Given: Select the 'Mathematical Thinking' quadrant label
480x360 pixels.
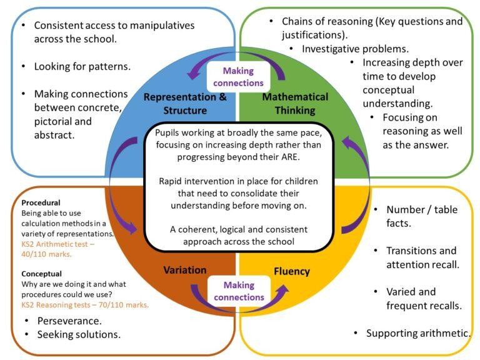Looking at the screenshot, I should click(x=294, y=104).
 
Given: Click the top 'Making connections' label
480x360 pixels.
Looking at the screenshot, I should click(x=239, y=76).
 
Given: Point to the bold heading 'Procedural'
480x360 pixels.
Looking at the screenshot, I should click(x=42, y=204).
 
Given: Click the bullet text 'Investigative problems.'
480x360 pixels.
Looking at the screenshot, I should click(x=356, y=48).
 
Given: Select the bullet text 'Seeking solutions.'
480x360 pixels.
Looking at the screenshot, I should click(x=77, y=334).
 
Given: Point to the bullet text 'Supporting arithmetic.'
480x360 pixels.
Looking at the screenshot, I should click(x=417, y=333).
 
